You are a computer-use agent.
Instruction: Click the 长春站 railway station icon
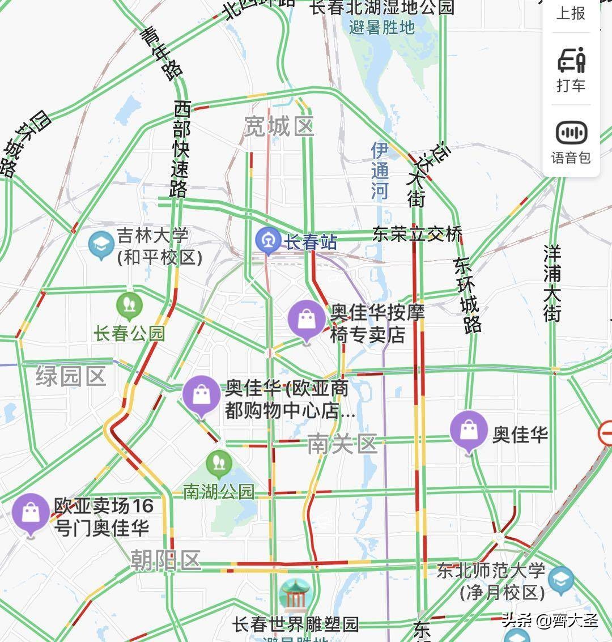click(267, 240)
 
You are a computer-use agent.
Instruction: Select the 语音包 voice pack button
click(571, 142)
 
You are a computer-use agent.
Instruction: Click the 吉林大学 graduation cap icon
click(102, 245)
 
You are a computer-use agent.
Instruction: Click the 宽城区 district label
click(279, 126)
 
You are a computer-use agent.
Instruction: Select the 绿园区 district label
click(71, 376)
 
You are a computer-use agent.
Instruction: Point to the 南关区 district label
click(342, 444)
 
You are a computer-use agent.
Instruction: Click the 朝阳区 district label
click(166, 560)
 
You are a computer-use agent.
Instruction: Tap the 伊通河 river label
click(380, 170)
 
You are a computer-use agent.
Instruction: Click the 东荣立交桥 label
click(417, 233)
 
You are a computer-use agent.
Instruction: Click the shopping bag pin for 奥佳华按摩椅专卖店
click(307, 318)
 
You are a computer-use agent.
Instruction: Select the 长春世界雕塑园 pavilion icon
click(295, 596)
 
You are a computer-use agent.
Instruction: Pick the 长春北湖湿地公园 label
click(382, 7)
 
